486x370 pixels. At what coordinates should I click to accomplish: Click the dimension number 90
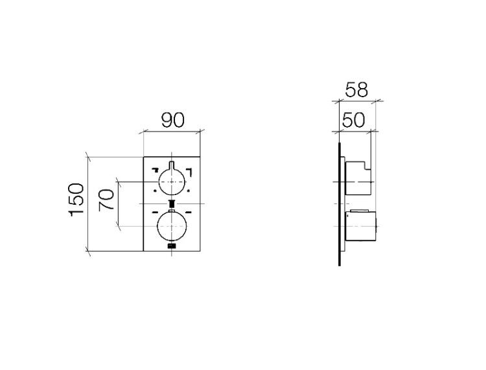172,121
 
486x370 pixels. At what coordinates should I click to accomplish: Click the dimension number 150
76,200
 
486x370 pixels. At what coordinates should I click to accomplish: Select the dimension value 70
106,200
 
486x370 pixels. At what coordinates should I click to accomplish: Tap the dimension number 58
356,90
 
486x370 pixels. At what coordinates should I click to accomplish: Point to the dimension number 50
353,121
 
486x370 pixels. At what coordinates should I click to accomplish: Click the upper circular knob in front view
172,182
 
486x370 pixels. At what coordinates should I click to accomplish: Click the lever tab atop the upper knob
172,165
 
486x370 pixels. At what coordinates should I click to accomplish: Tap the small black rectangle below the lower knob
172,246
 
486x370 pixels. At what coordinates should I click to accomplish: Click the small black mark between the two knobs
172,204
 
